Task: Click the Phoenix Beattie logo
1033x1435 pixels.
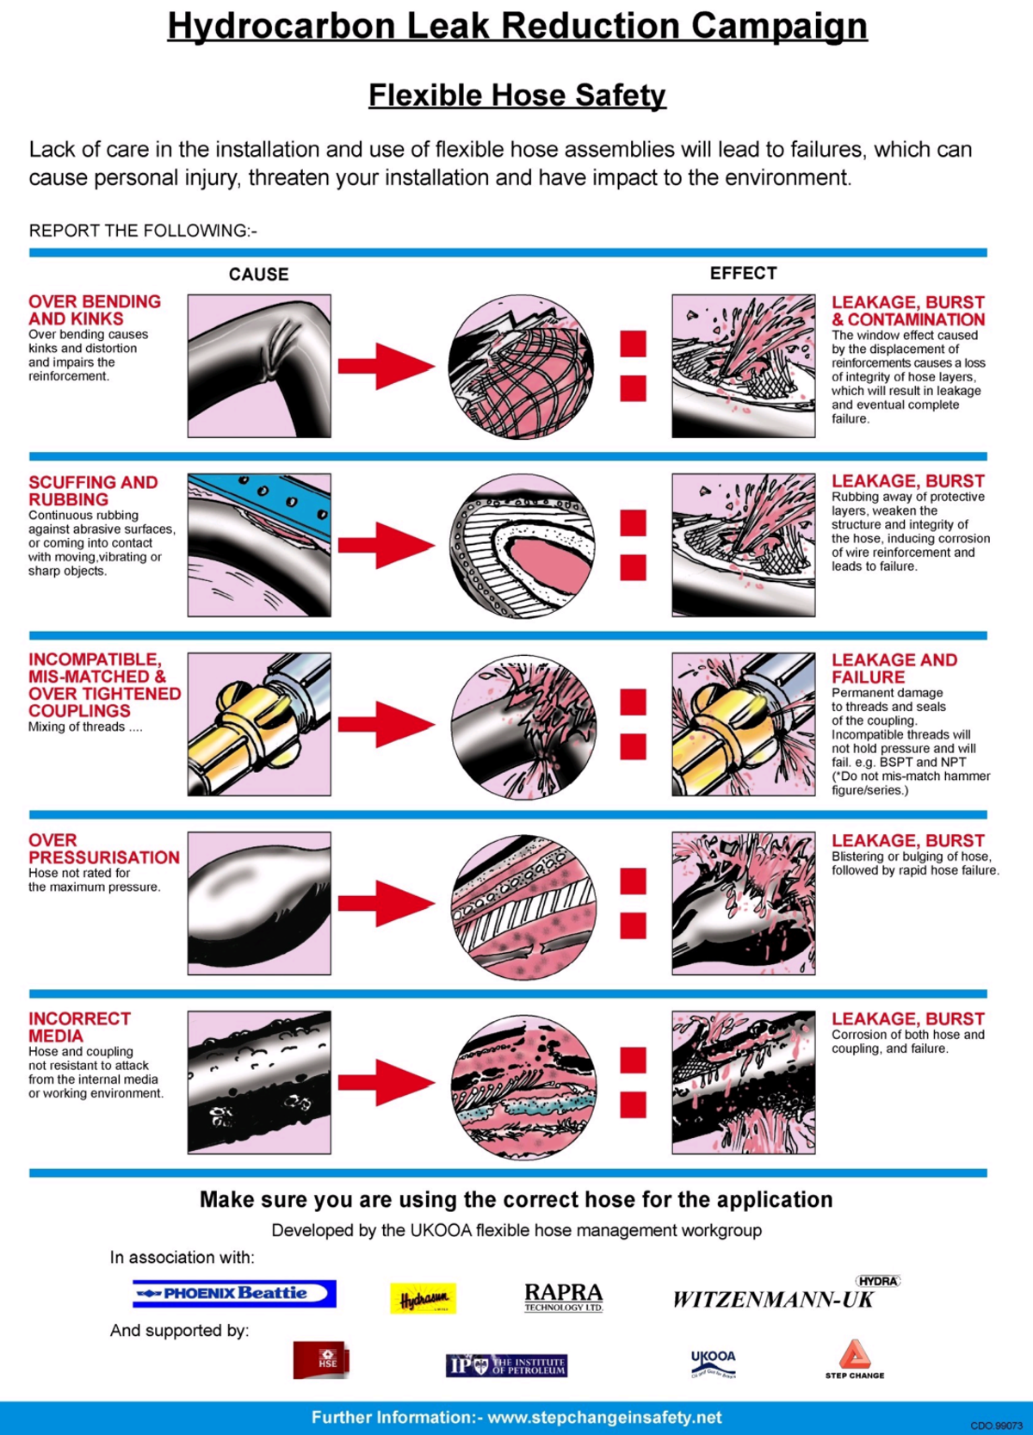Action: tap(234, 1293)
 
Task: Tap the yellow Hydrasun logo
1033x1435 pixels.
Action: tap(423, 1298)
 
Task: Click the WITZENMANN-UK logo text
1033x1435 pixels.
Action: tap(773, 1299)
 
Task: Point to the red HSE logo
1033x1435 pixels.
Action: tap(321, 1360)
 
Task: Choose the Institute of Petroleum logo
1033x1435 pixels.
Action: tap(506, 1365)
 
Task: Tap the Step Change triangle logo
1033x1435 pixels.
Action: tap(854, 1358)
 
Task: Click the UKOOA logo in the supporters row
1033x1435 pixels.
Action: tap(714, 1363)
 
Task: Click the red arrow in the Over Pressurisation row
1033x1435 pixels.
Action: tap(386, 903)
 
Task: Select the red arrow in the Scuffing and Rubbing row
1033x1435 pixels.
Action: tap(386, 545)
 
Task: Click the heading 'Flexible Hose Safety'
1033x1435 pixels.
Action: tap(516, 95)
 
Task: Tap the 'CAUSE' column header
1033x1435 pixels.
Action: tap(258, 275)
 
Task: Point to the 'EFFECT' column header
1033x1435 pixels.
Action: tap(743, 273)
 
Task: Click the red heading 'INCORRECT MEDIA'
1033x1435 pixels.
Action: tap(79, 1027)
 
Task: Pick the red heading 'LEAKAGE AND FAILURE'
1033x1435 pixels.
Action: tap(894, 669)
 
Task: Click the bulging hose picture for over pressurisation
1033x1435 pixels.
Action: tap(259, 903)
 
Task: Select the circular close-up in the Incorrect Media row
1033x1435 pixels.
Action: tap(523, 1086)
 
